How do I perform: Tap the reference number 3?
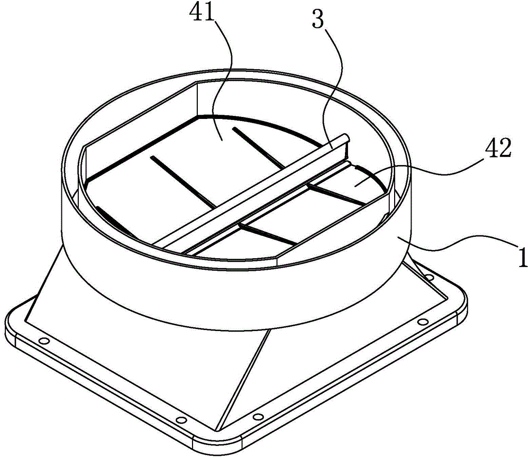318,19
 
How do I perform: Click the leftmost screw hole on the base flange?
44,341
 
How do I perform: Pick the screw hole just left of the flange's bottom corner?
181,420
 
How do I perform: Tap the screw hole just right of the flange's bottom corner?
258,417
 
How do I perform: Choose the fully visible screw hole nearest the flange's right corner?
422,322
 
